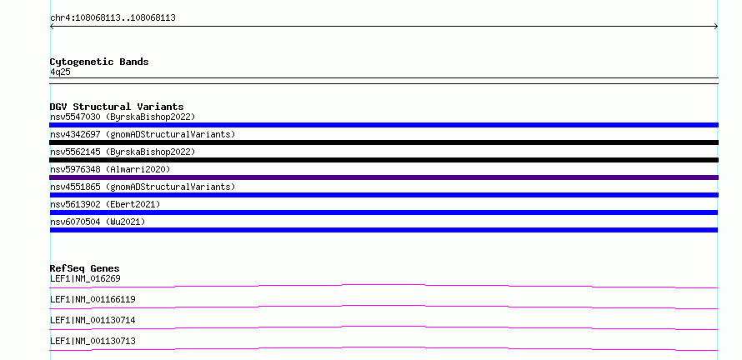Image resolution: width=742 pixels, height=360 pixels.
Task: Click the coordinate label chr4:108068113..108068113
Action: tap(113, 18)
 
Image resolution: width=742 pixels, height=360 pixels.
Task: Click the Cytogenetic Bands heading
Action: tap(99, 62)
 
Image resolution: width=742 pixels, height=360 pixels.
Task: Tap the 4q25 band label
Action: tap(60, 72)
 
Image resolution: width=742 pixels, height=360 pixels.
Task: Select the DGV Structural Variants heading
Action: tap(117, 107)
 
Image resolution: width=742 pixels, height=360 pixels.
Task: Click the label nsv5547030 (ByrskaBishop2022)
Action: tap(123, 117)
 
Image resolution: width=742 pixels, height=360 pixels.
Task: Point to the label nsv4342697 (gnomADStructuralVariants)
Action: tap(143, 134)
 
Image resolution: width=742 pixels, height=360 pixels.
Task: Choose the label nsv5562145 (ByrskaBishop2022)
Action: tap(123, 152)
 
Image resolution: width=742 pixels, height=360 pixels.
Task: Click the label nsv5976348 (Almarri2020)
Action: tap(110, 169)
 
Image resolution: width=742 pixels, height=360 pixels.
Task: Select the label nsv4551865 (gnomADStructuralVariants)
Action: tap(143, 187)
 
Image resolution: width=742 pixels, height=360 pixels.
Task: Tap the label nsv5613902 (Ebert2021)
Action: tap(105, 204)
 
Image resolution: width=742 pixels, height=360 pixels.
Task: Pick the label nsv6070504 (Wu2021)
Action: tap(98, 222)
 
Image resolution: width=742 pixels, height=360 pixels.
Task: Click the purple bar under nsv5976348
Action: tap(384, 177)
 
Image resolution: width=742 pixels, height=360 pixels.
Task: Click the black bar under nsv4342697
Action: tap(384, 142)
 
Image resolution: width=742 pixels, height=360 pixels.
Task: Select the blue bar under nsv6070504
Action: tap(384, 230)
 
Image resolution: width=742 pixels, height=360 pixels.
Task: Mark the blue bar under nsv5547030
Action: tap(384, 125)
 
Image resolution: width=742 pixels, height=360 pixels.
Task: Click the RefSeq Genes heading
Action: tap(85, 268)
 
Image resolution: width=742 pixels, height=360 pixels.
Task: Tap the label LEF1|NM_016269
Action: tap(85, 278)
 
